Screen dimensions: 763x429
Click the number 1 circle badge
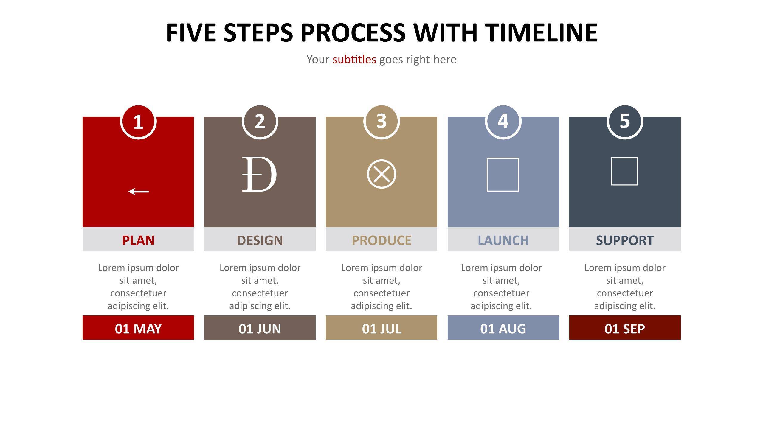coord(138,122)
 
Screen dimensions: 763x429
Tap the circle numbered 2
coord(260,122)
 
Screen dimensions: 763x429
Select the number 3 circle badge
coord(381,122)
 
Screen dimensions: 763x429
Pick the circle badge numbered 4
coord(503,122)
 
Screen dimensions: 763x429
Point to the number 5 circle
coord(625,122)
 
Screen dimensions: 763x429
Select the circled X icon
coord(381,174)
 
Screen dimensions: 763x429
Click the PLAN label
coord(138,240)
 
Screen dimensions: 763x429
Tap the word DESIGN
coord(260,240)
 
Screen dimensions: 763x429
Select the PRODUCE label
coord(381,240)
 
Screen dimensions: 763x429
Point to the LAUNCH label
coord(503,240)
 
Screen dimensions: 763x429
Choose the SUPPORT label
coord(625,240)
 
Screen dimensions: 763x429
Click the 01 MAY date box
coord(138,327)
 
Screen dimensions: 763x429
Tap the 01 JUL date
coord(381,329)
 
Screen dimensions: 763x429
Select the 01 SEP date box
coord(625,327)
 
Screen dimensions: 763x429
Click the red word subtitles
coord(354,60)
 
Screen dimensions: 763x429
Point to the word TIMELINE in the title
coord(541,32)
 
